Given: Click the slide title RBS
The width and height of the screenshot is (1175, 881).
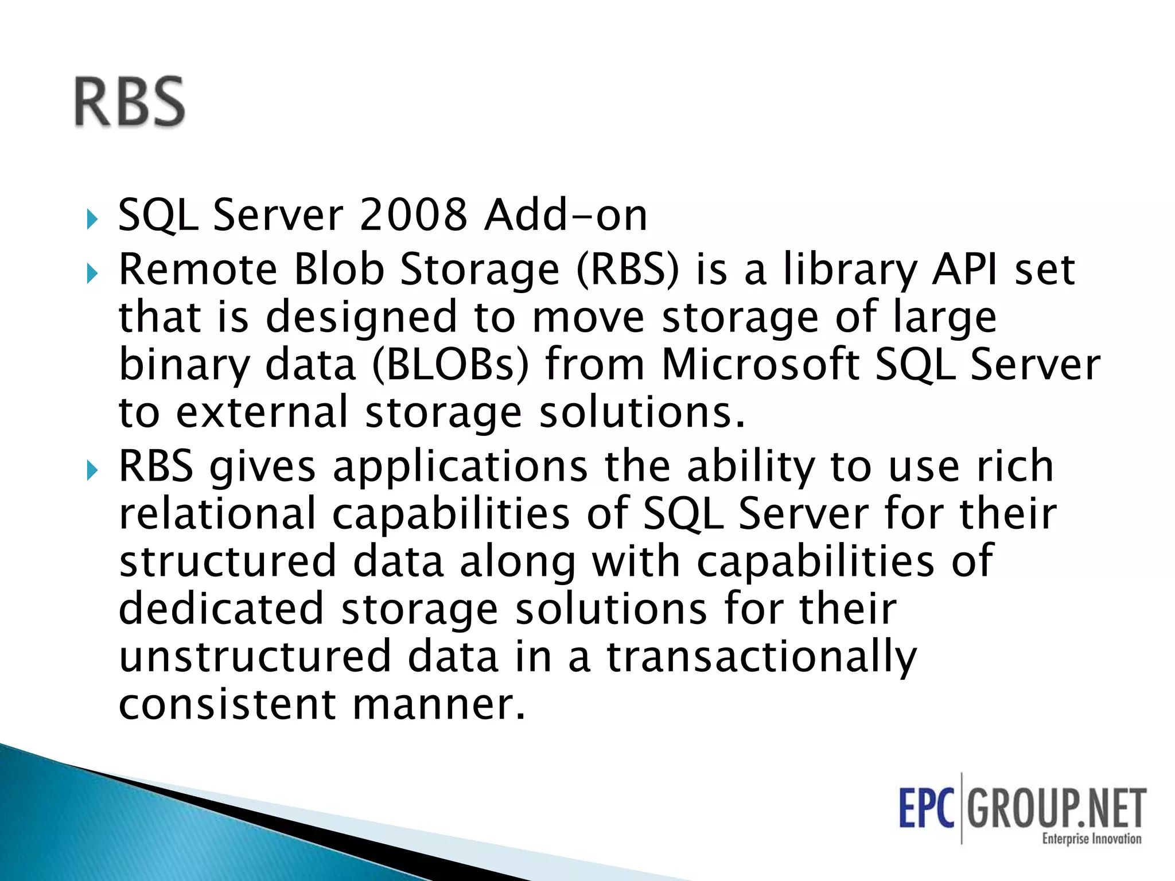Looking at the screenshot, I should point(130,102).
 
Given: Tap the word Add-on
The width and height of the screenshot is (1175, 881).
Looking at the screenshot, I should point(566,215).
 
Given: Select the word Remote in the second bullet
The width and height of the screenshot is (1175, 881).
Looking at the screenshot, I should point(198,270).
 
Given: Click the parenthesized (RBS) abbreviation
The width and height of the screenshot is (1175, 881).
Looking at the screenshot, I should point(628,270).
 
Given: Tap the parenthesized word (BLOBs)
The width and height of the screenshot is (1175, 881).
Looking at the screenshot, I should point(450,365).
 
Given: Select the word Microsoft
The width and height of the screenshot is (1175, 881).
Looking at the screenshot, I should point(760,365).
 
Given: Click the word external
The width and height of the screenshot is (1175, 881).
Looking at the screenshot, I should point(262,412).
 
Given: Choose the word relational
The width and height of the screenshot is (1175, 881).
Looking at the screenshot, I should point(217,513).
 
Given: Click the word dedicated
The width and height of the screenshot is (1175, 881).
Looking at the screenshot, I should point(221,609).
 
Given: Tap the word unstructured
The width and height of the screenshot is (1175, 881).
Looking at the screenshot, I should point(255,656).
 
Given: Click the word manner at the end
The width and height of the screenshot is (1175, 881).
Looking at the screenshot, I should point(439,704).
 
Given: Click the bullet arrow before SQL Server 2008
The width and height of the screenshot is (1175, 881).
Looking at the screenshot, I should point(92,219).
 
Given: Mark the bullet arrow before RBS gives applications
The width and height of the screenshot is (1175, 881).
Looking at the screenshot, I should point(92,471).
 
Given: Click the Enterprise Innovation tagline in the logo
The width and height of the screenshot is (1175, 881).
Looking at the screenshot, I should point(1091,839).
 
